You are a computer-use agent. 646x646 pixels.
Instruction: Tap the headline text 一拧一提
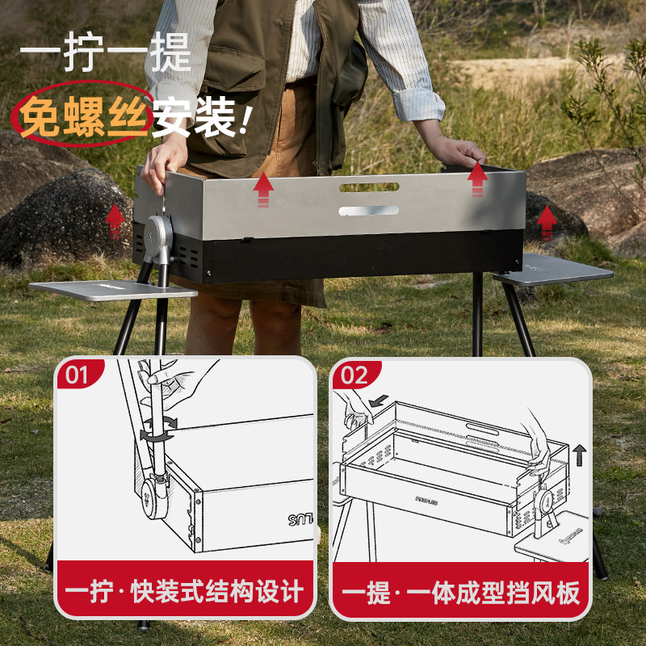(105, 55)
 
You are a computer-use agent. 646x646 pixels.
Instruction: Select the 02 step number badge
(354, 375)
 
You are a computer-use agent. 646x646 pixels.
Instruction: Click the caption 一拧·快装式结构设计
(185, 592)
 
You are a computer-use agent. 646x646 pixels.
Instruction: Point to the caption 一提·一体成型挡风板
(460, 592)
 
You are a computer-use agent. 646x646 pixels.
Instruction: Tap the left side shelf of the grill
(113, 289)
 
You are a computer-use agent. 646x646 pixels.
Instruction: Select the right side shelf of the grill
(554, 269)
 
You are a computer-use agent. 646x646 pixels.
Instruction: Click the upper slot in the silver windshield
(369, 187)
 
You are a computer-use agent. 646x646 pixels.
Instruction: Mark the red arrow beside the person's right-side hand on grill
(478, 175)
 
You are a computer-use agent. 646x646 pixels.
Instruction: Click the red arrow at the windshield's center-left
(263, 191)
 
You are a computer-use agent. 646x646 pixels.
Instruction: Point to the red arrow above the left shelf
(115, 219)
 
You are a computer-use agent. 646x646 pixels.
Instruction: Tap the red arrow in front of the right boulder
(547, 221)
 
